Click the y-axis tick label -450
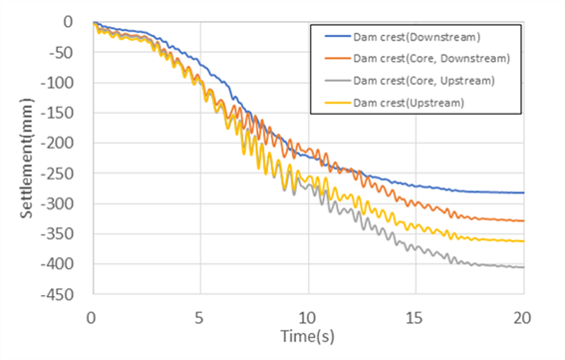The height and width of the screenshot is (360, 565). coord(57,295)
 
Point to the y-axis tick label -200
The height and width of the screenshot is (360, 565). coord(57,144)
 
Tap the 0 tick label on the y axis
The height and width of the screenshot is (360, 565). coord(68,22)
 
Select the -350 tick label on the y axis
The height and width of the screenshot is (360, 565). coord(57,234)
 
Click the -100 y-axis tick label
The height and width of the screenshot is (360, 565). coord(57,83)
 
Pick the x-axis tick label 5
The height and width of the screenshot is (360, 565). coord(199,318)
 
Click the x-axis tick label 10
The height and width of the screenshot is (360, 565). coord(307,318)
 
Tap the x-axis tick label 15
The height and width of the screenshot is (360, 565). coord(415,318)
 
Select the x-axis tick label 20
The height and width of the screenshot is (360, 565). coord(522,318)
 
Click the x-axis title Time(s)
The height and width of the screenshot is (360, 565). coord(307,336)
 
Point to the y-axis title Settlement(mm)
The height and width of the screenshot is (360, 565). coord(26,159)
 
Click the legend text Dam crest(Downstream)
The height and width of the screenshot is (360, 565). coord(417,37)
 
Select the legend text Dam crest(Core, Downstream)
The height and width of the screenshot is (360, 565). coord(431,59)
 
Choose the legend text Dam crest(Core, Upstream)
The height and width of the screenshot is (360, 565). coord(424,81)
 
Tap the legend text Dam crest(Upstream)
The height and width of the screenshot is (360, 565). coord(409,103)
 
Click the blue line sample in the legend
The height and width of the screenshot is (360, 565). coord(338,37)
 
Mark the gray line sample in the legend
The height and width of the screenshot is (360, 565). coord(338,81)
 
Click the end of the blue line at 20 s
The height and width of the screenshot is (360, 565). coord(523,192)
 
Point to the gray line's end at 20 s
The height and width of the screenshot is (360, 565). coord(523,267)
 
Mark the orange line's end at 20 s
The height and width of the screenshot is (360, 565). coord(523,220)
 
